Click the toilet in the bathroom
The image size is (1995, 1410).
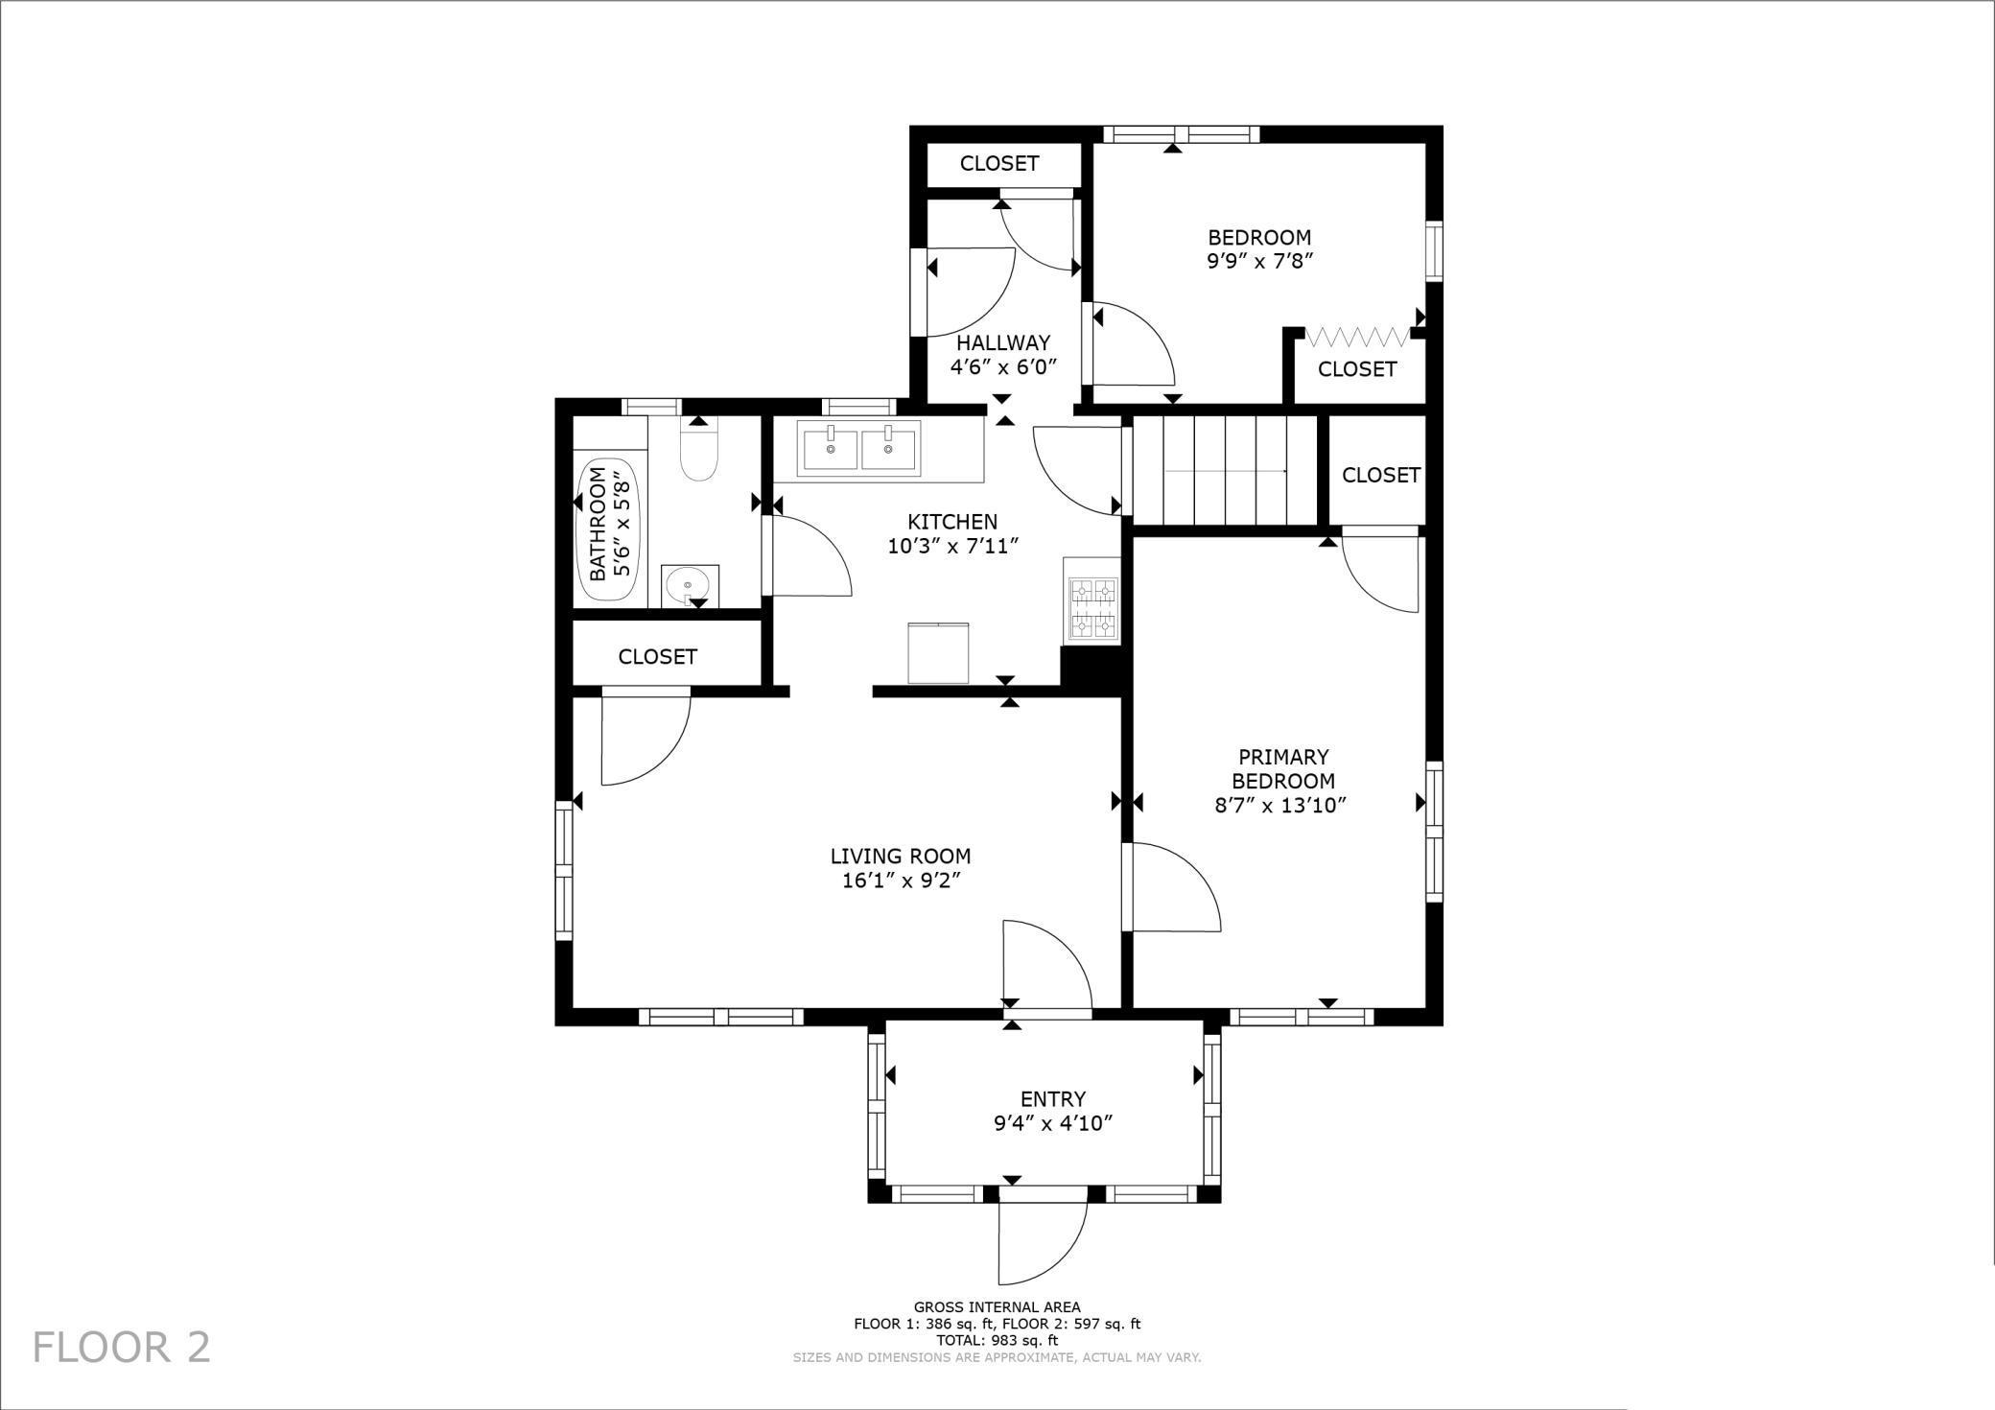(698, 453)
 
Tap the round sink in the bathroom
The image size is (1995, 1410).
(690, 583)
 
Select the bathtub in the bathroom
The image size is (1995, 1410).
(610, 530)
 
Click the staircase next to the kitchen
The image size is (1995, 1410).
(1226, 470)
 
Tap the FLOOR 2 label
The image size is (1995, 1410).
(122, 1347)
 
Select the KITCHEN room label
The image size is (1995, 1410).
(952, 522)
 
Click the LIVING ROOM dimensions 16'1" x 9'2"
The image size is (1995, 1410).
(901, 881)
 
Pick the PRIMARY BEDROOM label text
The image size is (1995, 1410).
(1282, 768)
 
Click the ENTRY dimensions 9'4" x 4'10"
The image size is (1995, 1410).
(1052, 1123)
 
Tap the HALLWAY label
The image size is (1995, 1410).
(1002, 342)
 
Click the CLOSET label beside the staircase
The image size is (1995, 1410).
(1380, 475)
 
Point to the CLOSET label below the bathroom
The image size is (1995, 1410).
(657, 656)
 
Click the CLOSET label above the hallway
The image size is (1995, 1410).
(999, 163)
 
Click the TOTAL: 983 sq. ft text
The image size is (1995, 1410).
(997, 1340)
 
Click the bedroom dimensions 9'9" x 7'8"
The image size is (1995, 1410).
(1258, 260)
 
